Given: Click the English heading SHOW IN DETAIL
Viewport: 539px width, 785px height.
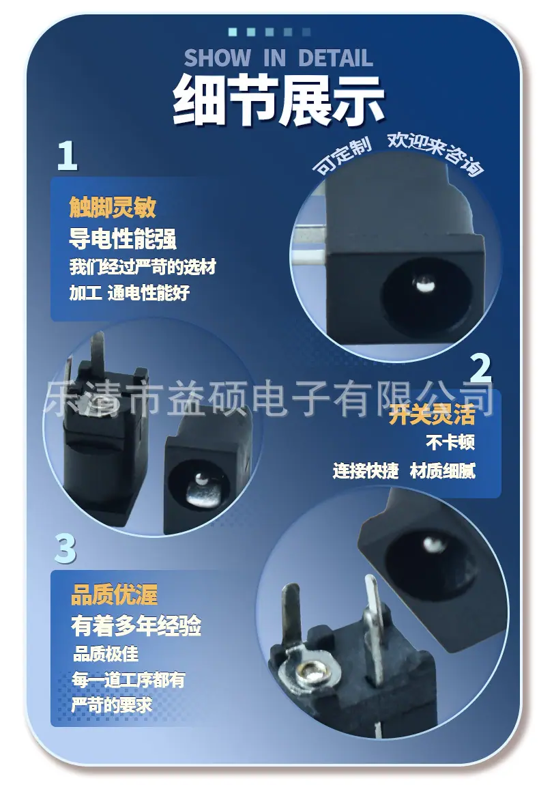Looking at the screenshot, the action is tap(278, 58).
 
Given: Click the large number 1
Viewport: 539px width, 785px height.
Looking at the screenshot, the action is tap(68, 155).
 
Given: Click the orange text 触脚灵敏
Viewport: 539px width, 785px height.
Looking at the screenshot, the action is tap(113, 207).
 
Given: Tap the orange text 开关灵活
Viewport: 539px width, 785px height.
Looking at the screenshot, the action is tap(432, 414).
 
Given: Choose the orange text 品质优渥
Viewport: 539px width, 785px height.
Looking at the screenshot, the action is tap(115, 595).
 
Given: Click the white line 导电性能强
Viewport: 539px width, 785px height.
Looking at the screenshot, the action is tap(123, 238).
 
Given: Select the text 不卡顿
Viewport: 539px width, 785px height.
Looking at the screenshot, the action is tap(450, 442).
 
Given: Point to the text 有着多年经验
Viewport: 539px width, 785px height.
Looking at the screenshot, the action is tap(136, 626).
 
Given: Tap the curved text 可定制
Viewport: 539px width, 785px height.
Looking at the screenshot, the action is tap(343, 154).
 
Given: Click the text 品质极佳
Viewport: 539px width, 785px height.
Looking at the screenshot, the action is tap(106, 654).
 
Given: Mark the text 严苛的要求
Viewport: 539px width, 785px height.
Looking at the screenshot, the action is tap(112, 705).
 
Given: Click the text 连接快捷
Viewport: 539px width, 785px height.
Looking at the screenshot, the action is tap(366, 470).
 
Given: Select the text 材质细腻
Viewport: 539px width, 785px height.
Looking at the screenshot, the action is tap(442, 470).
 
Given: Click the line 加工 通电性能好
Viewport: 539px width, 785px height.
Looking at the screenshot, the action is tap(130, 292).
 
